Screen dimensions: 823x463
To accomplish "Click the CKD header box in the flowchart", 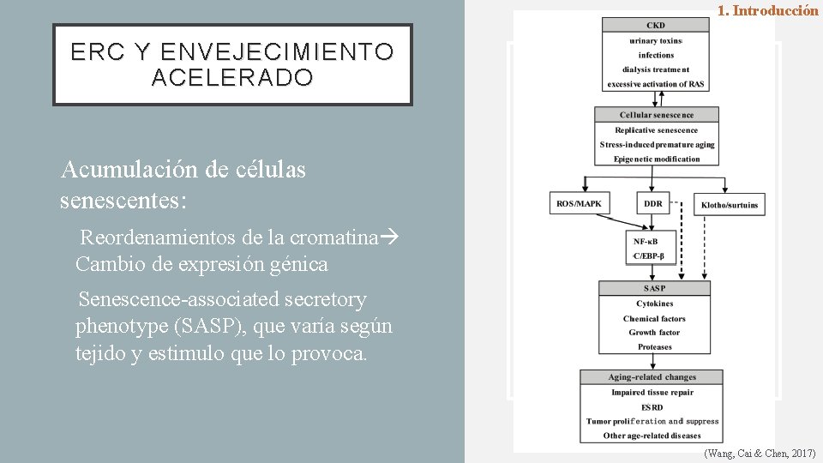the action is pos(656,26).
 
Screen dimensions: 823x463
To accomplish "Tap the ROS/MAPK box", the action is pos(579,204).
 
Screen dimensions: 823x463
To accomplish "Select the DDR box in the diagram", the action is pos(653,204).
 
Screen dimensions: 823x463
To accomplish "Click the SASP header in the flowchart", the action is pos(655,288).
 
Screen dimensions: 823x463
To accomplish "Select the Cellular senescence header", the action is pos(657,115).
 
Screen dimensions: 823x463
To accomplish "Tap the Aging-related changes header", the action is pos(652,377).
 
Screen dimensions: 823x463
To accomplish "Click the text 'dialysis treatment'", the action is pos(656,69).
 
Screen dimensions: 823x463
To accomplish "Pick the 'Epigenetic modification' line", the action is pos(657,159).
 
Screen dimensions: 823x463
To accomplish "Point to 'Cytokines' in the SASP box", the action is pos(655,304).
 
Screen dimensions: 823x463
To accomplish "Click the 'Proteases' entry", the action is pos(655,347).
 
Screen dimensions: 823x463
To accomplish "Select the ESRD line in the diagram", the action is pos(652,406).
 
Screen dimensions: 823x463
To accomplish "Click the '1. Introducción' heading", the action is pos(767,11).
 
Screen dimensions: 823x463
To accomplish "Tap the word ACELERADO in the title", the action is pos(232,78).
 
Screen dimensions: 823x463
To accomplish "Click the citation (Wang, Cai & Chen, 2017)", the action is pos(759,453).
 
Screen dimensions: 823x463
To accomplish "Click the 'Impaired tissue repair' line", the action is pos(652,392).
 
